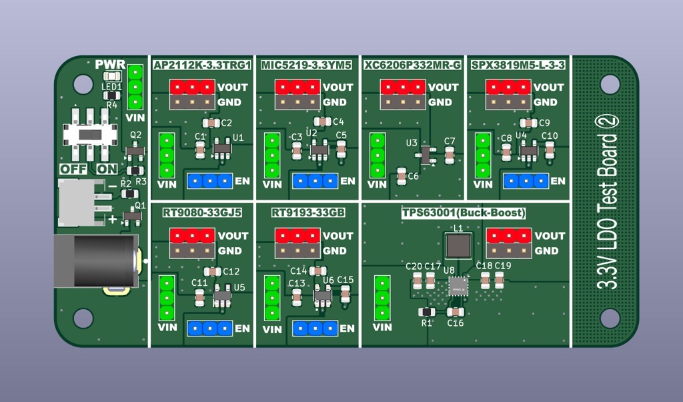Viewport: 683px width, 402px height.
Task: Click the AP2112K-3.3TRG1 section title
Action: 202,65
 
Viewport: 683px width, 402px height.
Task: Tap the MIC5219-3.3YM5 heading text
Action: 306,65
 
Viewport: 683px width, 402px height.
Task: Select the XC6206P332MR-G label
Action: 412,65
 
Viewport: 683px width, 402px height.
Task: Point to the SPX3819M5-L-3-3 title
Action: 518,65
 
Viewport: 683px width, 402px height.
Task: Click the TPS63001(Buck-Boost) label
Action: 464,213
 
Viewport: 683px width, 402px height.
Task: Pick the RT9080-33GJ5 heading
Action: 202,213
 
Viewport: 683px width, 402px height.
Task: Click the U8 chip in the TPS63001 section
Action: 458,286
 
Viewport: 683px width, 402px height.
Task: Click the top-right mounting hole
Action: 610,84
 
